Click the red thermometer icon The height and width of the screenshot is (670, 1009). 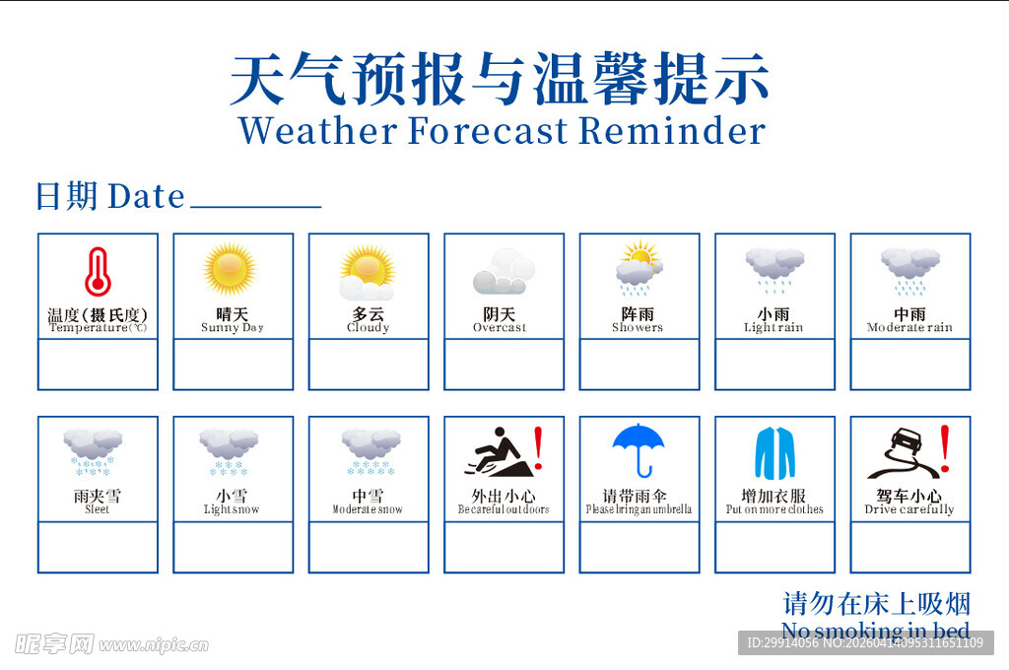coord(97,272)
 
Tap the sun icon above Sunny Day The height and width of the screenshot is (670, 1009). coord(230,268)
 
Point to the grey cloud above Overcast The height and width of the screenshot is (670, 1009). coord(503,272)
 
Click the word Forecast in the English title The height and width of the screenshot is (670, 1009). coord(488,130)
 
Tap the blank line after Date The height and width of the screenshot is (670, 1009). coord(255,201)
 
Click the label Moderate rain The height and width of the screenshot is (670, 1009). coord(909,327)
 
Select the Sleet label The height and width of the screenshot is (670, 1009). coord(97,509)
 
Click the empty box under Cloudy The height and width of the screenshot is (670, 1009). coord(369,365)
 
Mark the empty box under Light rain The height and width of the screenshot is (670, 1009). coord(774,365)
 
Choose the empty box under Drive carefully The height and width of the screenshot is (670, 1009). coord(909,547)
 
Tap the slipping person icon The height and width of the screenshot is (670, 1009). coord(499,453)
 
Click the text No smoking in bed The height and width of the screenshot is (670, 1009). coord(875,631)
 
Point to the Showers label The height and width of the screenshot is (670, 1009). coord(638,327)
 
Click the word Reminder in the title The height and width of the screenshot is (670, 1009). coord(672,130)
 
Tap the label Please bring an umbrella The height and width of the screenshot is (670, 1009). coord(639,509)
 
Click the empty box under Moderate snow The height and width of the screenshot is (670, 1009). coord(369,547)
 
